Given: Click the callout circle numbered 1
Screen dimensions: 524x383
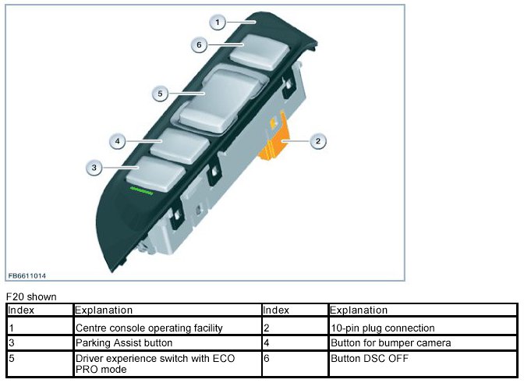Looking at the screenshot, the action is tap(220, 23).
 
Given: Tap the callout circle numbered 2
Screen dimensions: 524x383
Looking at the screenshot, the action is tap(317, 141).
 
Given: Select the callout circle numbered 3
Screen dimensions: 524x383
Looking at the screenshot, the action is tap(94, 167).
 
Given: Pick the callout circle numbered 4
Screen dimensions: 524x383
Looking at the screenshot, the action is tap(117, 141).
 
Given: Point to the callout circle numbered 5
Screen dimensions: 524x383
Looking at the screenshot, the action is tap(160, 94).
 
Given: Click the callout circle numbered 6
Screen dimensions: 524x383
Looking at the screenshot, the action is tap(200, 45).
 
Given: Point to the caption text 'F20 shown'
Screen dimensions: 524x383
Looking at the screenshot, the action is tap(30, 297).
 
